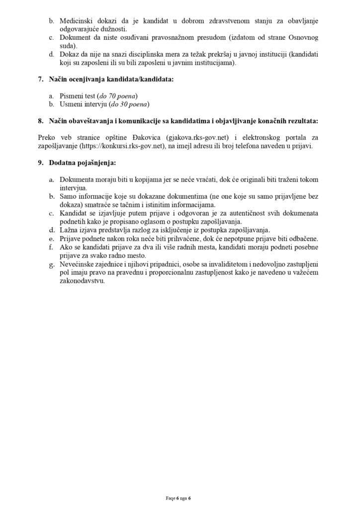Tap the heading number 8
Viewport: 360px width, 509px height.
coord(41,121)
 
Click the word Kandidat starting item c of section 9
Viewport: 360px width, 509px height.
coord(74,213)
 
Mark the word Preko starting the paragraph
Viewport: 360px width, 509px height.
coord(47,137)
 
